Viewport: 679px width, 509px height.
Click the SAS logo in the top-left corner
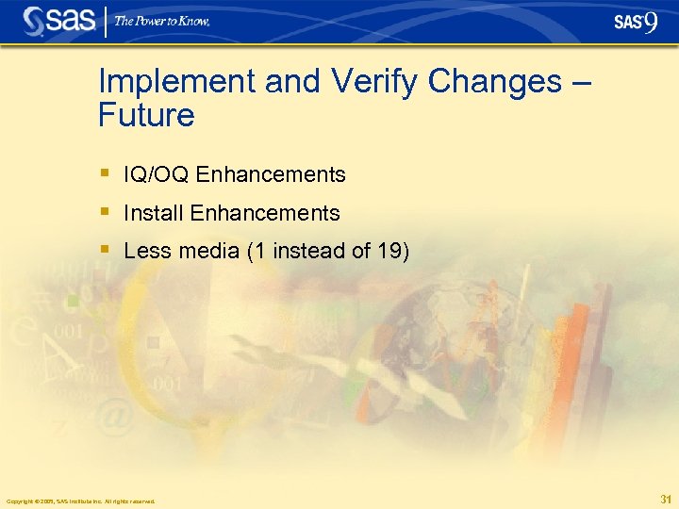(x=59, y=21)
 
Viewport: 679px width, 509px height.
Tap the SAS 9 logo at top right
(x=635, y=22)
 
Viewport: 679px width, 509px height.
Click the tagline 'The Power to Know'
(x=162, y=22)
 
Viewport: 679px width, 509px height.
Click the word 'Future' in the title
(x=146, y=116)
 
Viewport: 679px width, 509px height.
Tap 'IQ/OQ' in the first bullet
(x=157, y=175)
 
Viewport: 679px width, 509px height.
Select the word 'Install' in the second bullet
(x=154, y=213)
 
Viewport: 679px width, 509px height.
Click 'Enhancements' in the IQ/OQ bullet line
(x=272, y=175)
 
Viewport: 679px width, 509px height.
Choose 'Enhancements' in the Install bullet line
(x=265, y=213)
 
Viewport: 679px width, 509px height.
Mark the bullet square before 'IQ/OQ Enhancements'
(x=105, y=173)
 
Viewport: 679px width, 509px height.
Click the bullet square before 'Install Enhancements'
(x=105, y=211)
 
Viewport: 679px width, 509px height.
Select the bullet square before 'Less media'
(x=105, y=250)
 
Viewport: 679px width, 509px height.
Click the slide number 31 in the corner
(x=666, y=499)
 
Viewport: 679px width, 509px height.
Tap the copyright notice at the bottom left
(x=80, y=501)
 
